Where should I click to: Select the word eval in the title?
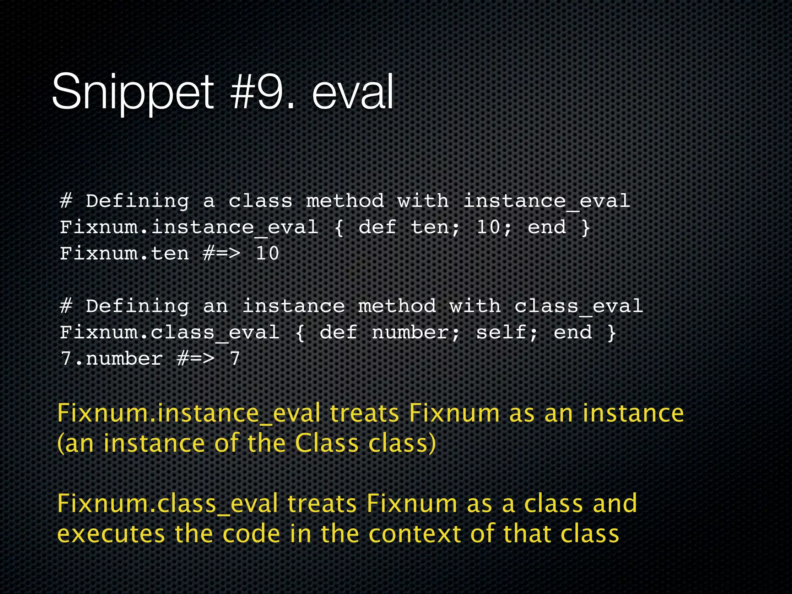tap(353, 92)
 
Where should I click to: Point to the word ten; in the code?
tap(435, 227)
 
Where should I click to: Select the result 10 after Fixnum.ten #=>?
tap(267, 254)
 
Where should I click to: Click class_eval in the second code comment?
tap(579, 307)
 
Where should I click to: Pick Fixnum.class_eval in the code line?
tap(169, 333)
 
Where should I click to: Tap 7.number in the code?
tap(111, 359)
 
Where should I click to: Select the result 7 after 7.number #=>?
tap(235, 359)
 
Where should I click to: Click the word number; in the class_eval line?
tap(416, 333)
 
